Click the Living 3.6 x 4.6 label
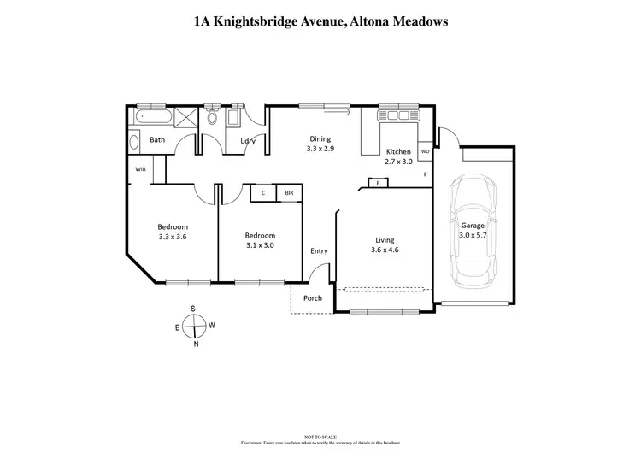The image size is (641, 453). pos(384,245)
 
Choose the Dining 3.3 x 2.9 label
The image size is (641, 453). pos(320,144)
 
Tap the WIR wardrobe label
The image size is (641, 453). pos(140,169)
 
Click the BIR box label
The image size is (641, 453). pos(289,194)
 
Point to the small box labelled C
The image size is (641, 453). pos(262,194)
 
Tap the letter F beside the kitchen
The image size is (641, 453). pos(425,174)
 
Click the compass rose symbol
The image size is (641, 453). pos(194,326)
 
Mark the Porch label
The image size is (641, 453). pos(313,298)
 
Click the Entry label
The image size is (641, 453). pos(319,251)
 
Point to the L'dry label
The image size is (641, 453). pos(248,140)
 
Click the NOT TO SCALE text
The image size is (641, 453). pos(320,436)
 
